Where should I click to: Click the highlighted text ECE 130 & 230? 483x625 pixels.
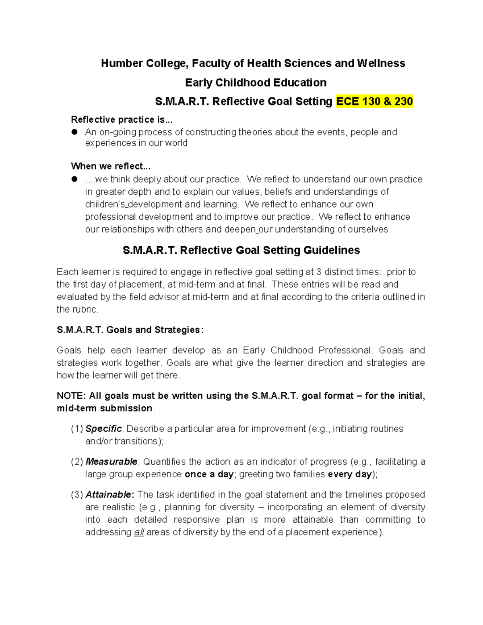374,101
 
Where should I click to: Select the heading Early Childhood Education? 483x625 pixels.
256,83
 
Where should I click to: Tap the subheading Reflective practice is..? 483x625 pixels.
121,120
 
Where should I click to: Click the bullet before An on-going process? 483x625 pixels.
74,132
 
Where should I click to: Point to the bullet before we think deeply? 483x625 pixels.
74,179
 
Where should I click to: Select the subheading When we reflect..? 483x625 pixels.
111,166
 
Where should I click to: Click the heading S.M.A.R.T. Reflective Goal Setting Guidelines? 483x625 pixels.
241,250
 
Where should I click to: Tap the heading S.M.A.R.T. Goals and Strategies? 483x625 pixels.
130,330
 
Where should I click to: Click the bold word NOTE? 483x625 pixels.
71,396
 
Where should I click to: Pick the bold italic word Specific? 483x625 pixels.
103,429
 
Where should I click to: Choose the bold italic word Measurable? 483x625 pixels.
111,462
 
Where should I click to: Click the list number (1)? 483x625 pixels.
77,429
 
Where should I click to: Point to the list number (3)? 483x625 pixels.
77,495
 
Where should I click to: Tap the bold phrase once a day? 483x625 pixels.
209,474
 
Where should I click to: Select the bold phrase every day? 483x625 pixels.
350,474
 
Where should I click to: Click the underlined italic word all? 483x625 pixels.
139,532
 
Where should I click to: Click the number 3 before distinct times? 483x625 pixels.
319,272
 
